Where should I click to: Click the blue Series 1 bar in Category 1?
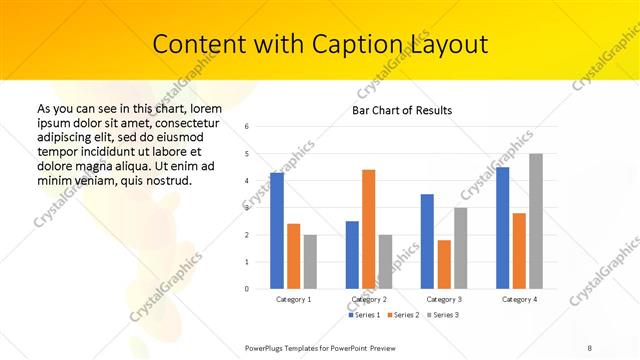[277, 230]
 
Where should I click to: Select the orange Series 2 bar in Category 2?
[368, 229]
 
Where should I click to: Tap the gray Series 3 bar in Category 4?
[536, 221]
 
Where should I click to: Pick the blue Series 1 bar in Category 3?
[427, 241]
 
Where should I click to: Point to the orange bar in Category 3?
[444, 264]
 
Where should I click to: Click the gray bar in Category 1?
[310, 262]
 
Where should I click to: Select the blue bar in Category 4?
[502, 228]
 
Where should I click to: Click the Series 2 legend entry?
[403, 315]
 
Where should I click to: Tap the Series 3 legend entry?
[442, 315]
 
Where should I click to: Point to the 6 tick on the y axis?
[247, 126]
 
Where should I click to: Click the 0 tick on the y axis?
[247, 289]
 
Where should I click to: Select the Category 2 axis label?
[368, 299]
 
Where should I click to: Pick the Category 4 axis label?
[519, 299]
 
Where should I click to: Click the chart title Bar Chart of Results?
[402, 110]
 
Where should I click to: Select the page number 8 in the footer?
[590, 347]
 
